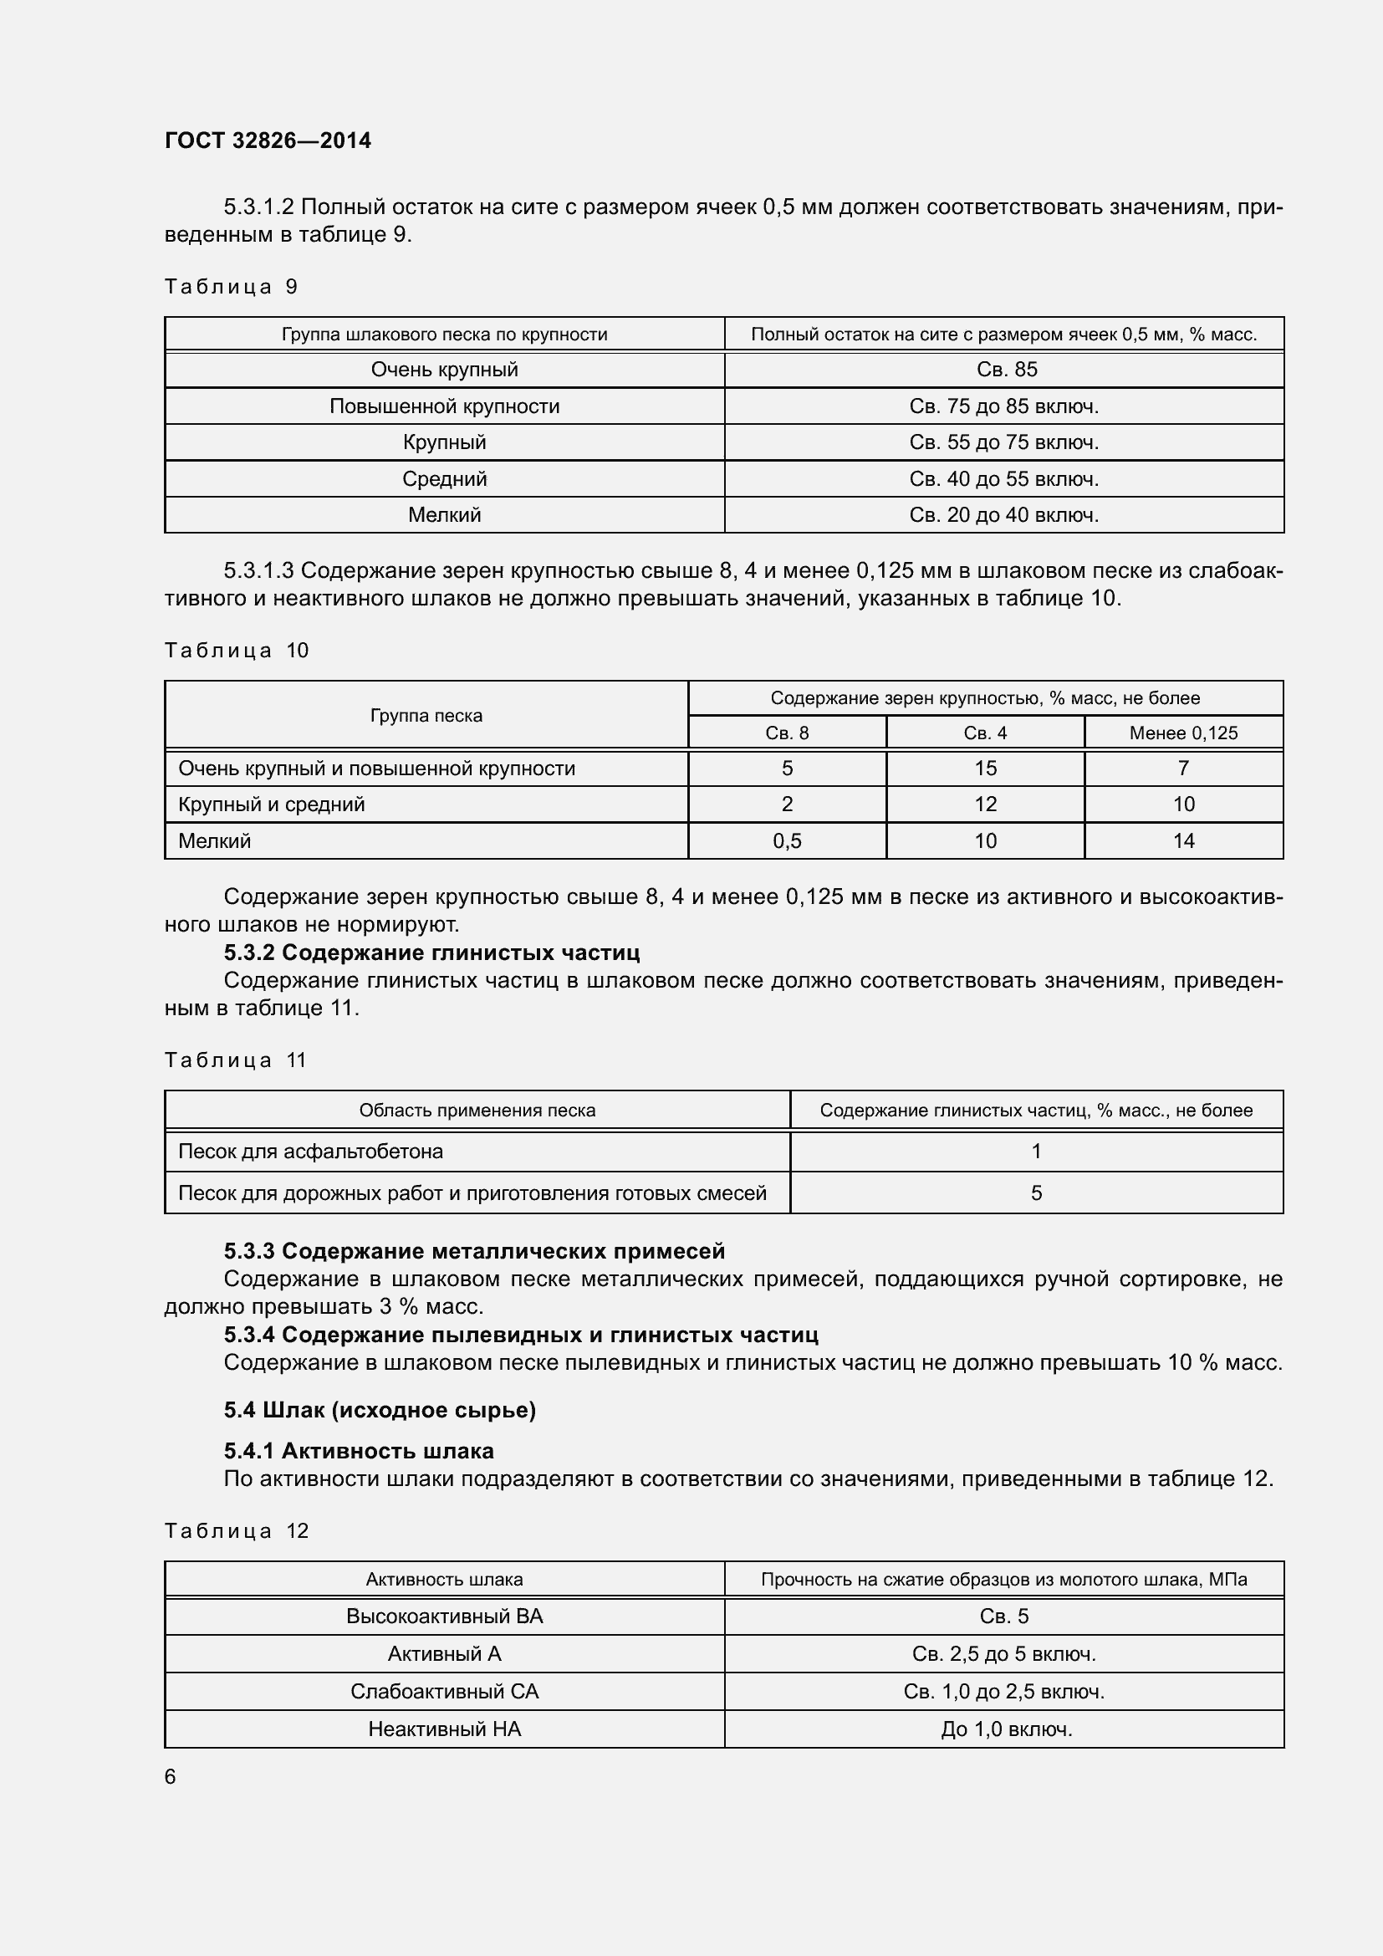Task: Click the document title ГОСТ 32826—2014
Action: click(268, 140)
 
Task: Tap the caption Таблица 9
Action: click(231, 286)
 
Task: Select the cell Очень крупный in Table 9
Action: click(444, 370)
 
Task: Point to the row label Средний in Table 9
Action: click(444, 479)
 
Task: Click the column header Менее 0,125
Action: click(1183, 733)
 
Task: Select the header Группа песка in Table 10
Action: click(426, 716)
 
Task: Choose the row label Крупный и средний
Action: click(271, 804)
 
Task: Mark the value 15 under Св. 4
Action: click(984, 769)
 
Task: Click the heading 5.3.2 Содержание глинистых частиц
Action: click(431, 952)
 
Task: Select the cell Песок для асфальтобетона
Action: click(310, 1152)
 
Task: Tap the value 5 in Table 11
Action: click(1035, 1192)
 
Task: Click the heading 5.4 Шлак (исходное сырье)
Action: click(380, 1410)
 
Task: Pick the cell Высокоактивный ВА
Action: click(444, 1616)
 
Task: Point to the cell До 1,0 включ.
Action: click(1006, 1729)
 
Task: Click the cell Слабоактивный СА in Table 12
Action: click(444, 1691)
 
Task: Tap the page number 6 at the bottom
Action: click(171, 1776)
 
